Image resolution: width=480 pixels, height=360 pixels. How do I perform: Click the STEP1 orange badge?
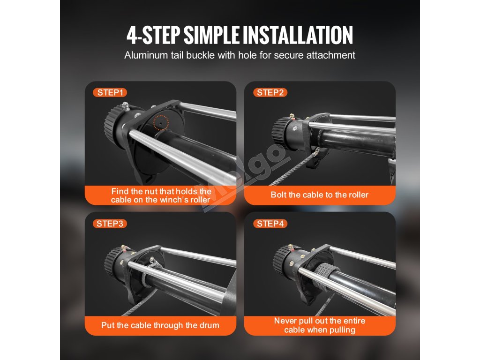click(x=110, y=92)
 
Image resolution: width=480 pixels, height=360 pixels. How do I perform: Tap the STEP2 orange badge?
click(x=270, y=92)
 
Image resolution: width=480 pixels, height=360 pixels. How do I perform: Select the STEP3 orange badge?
click(x=110, y=224)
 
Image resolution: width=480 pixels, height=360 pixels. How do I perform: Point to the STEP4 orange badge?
click(x=270, y=224)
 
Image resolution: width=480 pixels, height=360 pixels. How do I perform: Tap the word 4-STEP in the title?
click(x=153, y=35)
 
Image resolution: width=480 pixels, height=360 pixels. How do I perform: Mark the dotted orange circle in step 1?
click(x=161, y=122)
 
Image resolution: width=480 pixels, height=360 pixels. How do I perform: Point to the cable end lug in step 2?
click(x=315, y=152)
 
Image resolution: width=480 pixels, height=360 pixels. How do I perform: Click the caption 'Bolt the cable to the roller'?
click(x=320, y=195)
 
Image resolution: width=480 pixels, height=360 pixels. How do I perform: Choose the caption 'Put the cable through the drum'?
click(x=160, y=325)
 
